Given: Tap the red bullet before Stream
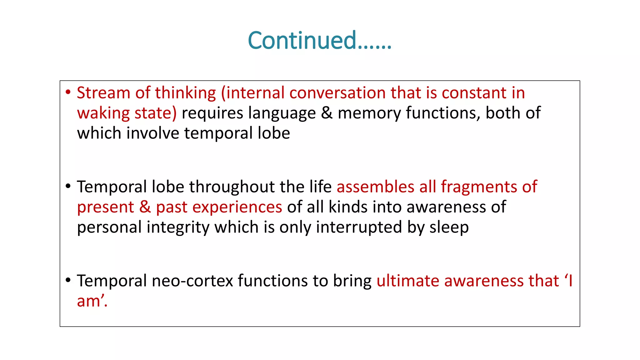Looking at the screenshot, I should point(68,93).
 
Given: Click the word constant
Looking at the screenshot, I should point(474,93).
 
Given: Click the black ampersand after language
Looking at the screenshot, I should point(327,113).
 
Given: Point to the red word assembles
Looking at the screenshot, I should point(375,187).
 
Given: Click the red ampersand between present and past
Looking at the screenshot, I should point(145,207).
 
